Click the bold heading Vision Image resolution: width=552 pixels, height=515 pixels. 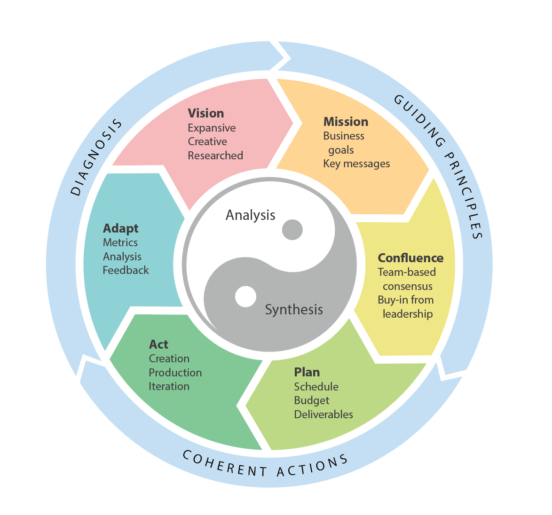tap(206, 113)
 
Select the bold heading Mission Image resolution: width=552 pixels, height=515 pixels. tap(346, 122)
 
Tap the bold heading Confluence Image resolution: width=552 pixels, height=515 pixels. tap(410, 258)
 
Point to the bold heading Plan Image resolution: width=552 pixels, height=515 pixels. tap(307, 372)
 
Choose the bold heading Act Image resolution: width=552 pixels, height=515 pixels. tap(158, 344)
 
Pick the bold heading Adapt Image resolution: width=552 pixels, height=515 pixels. tap(121, 228)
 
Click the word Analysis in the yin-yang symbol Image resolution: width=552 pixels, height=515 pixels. tap(250, 215)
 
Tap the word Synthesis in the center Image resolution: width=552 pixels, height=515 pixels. tap(294, 310)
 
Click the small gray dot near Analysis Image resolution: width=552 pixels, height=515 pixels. tap(292, 230)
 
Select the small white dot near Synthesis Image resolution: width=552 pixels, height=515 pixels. tap(245, 297)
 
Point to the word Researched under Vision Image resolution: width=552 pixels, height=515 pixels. tap(215, 156)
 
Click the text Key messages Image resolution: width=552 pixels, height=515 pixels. tap(356, 164)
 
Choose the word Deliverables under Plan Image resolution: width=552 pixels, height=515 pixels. tap(323, 414)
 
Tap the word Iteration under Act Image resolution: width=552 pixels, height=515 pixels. tap(169, 386)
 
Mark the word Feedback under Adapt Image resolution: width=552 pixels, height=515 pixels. tap(126, 270)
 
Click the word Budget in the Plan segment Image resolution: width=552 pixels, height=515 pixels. tap(312, 400)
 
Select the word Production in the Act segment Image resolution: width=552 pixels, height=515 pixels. tap(175, 373)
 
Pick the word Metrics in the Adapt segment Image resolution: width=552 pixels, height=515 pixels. tap(120, 242)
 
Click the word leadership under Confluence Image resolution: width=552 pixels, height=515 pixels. tap(408, 314)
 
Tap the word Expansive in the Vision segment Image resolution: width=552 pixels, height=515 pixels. tap(212, 128)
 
